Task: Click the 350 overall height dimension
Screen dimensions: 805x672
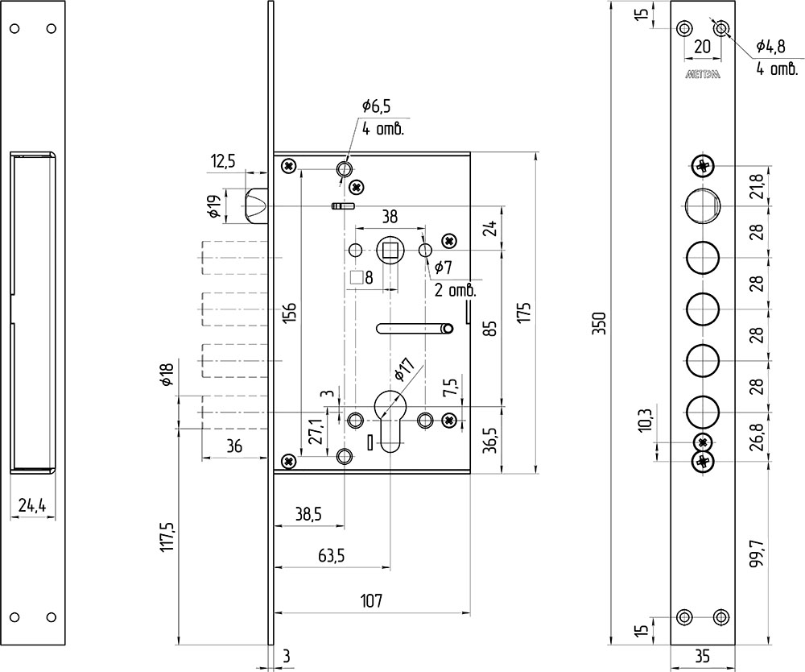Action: coord(601,323)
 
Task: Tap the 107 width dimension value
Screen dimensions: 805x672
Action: coord(371,600)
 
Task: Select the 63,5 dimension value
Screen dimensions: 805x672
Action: coord(331,555)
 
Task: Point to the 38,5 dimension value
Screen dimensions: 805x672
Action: coord(309,514)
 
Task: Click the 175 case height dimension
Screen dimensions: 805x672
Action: coord(524,313)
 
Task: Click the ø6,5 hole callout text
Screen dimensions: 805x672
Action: coord(376,106)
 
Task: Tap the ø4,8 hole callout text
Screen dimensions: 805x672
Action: coord(770,47)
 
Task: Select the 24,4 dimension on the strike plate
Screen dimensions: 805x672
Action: coord(32,505)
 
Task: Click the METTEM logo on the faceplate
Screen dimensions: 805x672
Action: coord(702,74)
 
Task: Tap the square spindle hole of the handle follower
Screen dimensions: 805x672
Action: coord(391,251)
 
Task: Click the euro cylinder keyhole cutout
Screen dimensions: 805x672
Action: coord(389,421)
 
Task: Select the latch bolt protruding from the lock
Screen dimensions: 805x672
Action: coord(255,206)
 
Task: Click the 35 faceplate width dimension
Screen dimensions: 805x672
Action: coord(702,656)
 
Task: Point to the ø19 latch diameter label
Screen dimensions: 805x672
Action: coord(216,206)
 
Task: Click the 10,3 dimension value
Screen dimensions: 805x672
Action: coord(646,421)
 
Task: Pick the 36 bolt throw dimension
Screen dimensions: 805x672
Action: coord(233,446)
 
